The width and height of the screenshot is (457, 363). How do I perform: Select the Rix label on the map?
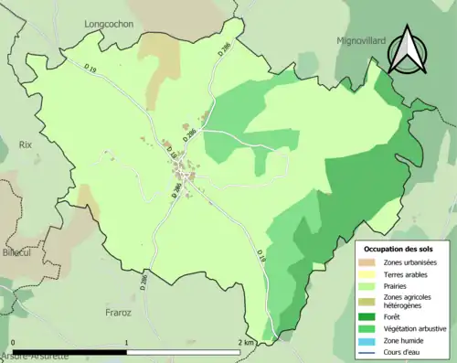pyautogui.click(x=26, y=144)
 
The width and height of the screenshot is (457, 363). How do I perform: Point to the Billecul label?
pyautogui.click(x=16, y=252)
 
